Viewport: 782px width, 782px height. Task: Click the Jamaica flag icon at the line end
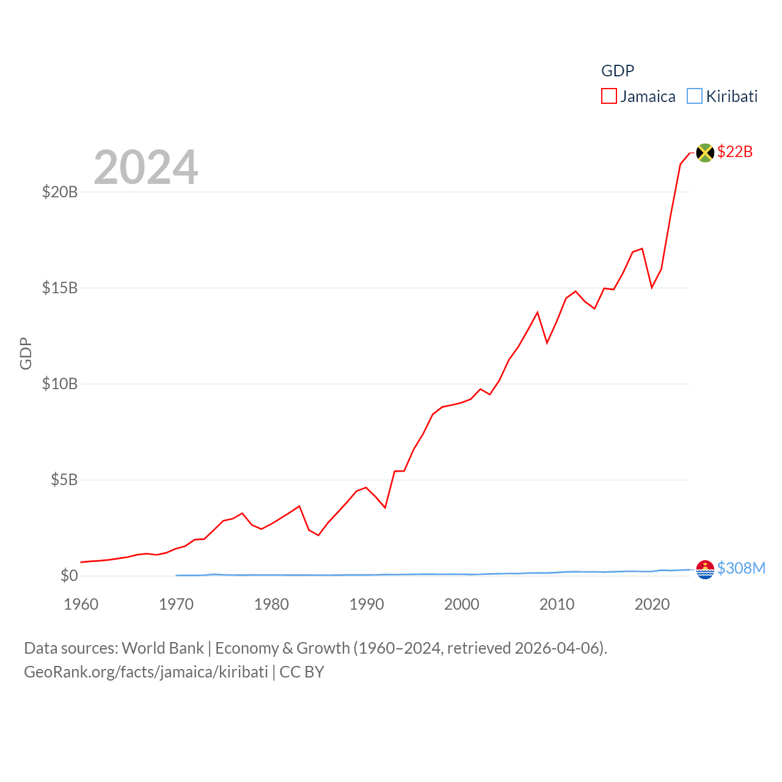(705, 153)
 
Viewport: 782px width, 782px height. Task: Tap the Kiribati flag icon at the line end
(705, 569)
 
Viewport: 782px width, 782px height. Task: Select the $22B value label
(735, 152)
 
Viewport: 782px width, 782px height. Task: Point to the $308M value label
(741, 568)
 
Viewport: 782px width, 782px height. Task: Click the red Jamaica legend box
(609, 97)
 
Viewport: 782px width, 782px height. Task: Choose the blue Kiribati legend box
(695, 97)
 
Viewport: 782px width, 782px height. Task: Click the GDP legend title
(618, 71)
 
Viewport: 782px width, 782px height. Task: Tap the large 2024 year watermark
(146, 167)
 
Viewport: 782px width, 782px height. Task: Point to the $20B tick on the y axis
(60, 192)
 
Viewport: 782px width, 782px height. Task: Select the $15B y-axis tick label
(60, 288)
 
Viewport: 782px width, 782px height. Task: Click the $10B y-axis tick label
(60, 384)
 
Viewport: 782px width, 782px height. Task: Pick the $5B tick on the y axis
(64, 480)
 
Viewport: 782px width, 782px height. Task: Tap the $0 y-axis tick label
(69, 576)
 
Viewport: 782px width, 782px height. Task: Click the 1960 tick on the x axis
(81, 604)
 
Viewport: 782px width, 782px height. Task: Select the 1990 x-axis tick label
(367, 604)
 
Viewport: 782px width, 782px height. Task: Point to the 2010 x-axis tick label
(557, 604)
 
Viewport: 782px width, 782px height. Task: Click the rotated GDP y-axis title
(26, 353)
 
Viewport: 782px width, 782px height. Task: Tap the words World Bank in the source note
(163, 648)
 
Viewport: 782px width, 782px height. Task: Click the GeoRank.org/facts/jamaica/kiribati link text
(146, 672)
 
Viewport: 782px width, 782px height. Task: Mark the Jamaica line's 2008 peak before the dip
(538, 312)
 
